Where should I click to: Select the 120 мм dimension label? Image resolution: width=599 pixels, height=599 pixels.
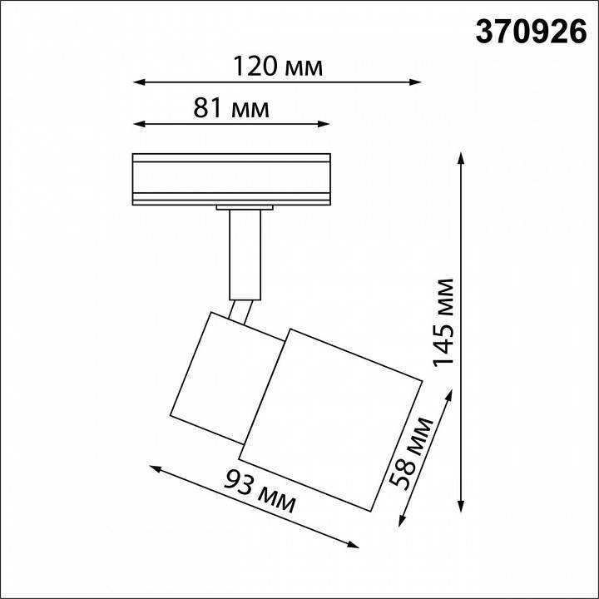pos(277,66)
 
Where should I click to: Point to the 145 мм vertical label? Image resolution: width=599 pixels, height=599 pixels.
pos(444,323)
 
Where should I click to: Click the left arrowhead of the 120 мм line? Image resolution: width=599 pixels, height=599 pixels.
pos(138,82)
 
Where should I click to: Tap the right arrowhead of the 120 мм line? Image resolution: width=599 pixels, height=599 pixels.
pos(416,82)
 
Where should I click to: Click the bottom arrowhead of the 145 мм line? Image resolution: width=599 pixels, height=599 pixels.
pos(460,507)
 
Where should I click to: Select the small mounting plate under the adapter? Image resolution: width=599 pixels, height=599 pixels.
pos(245,206)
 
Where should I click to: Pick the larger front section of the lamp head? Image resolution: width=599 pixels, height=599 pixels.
pos(333,416)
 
